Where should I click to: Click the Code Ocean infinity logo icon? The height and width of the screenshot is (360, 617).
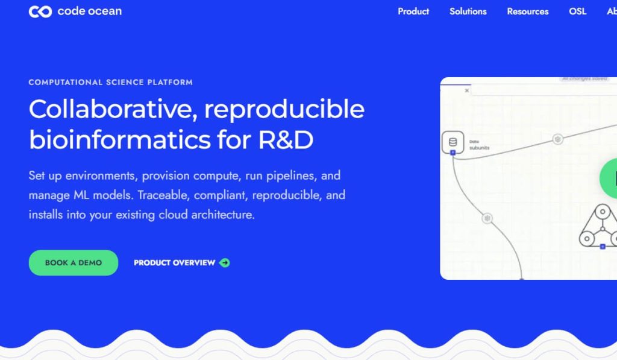tap(40, 11)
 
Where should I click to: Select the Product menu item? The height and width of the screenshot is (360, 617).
tap(413, 11)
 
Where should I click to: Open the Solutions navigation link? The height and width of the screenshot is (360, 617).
tap(468, 11)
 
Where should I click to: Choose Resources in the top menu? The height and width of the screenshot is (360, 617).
tap(528, 11)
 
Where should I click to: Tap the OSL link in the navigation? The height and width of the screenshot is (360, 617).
tap(577, 11)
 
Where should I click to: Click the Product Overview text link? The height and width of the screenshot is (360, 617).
tap(174, 263)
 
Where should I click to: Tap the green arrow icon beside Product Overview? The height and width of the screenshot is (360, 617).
tap(225, 263)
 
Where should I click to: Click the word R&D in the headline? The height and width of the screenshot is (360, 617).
tap(286, 140)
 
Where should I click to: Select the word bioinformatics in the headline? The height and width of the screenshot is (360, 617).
tap(120, 140)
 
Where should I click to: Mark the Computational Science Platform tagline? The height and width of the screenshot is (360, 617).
tap(110, 82)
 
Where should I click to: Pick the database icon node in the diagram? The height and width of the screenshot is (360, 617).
tap(453, 142)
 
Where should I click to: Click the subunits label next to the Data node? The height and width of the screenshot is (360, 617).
tap(480, 148)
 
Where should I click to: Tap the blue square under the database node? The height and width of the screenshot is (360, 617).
tap(453, 153)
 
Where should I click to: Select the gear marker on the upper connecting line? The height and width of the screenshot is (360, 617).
tap(558, 139)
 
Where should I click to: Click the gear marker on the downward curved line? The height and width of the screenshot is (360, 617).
tap(487, 218)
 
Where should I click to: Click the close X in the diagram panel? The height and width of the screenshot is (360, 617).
tap(467, 90)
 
